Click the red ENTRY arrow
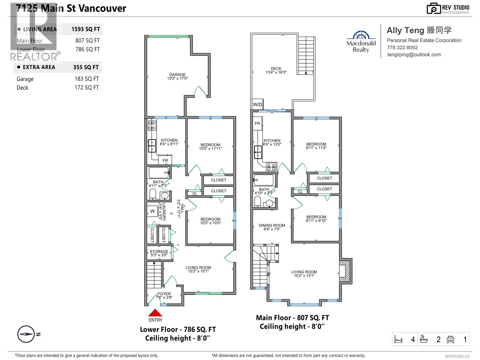pos(155,313)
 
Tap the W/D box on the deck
pos(257,104)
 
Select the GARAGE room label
pos(177,76)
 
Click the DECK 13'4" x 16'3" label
pos(276,70)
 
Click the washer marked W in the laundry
pos(152,211)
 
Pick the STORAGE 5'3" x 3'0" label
pos(159,253)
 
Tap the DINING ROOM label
pos(272,227)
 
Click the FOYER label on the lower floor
pos(164,295)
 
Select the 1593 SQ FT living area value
pos(85,29)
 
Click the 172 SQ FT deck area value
pos(86,88)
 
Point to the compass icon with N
pos(26,334)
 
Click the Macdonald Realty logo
pos(361,41)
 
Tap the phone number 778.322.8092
pos(402,47)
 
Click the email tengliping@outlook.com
pos(414,55)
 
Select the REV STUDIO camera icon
pos(433,9)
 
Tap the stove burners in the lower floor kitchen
pos(151,125)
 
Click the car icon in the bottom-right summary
pos(450,339)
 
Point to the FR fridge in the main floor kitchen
pos(257,123)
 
